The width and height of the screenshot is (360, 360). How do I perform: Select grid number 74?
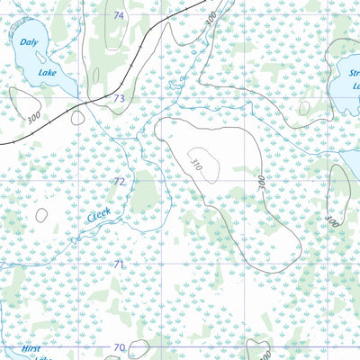pyautogui.click(x=119, y=16)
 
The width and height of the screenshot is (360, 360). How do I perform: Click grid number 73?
pyautogui.click(x=118, y=98)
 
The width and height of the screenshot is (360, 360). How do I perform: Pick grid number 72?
pyautogui.click(x=119, y=181)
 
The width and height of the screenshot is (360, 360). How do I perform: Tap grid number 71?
pyautogui.click(x=118, y=264)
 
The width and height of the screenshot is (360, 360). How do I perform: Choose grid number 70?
pyautogui.click(x=119, y=346)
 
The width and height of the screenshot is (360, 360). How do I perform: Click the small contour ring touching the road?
pyautogui.click(x=77, y=117)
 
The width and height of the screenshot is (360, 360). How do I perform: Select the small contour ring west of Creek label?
pyautogui.click(x=41, y=214)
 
